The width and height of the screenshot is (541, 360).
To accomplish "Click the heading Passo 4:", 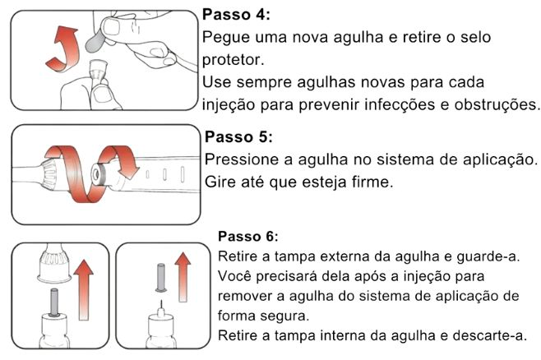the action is click(236, 15).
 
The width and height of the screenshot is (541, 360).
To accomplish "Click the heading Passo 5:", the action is click(238, 137).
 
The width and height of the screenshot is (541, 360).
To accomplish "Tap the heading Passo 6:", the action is click(248, 237).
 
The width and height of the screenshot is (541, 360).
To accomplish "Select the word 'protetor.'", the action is click(234, 60).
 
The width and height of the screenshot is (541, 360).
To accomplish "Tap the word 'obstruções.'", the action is click(497, 104).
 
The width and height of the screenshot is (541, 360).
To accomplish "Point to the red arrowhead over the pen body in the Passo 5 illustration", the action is click(127, 170).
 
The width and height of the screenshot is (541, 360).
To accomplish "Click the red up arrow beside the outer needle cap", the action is click(84, 290).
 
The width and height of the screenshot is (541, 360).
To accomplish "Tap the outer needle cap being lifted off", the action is click(53, 265).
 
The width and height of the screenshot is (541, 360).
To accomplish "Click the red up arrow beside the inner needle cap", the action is click(183, 277).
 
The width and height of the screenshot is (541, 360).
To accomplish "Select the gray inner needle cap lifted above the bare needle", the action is click(161, 278).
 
